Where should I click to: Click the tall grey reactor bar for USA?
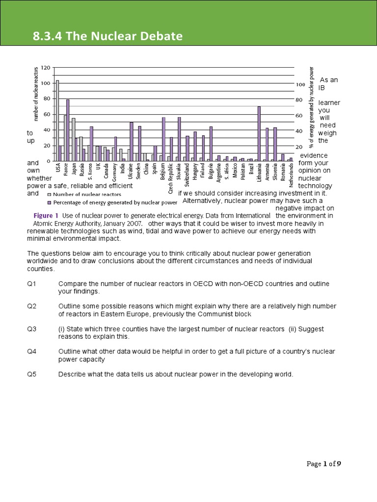57,121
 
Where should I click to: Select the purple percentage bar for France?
68,130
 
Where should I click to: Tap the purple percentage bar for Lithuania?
259,133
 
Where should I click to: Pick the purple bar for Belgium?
163,139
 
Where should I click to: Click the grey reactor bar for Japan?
74,140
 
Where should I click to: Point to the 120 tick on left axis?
45,68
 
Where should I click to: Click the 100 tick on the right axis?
300,84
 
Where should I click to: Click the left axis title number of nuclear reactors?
35,94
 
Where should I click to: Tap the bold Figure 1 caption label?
46,215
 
